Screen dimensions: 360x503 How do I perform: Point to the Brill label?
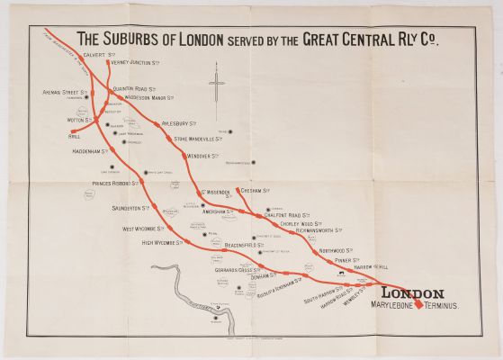(x=75, y=138)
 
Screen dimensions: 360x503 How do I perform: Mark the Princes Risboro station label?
(x=113, y=183)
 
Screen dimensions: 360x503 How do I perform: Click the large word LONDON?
(x=413, y=292)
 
